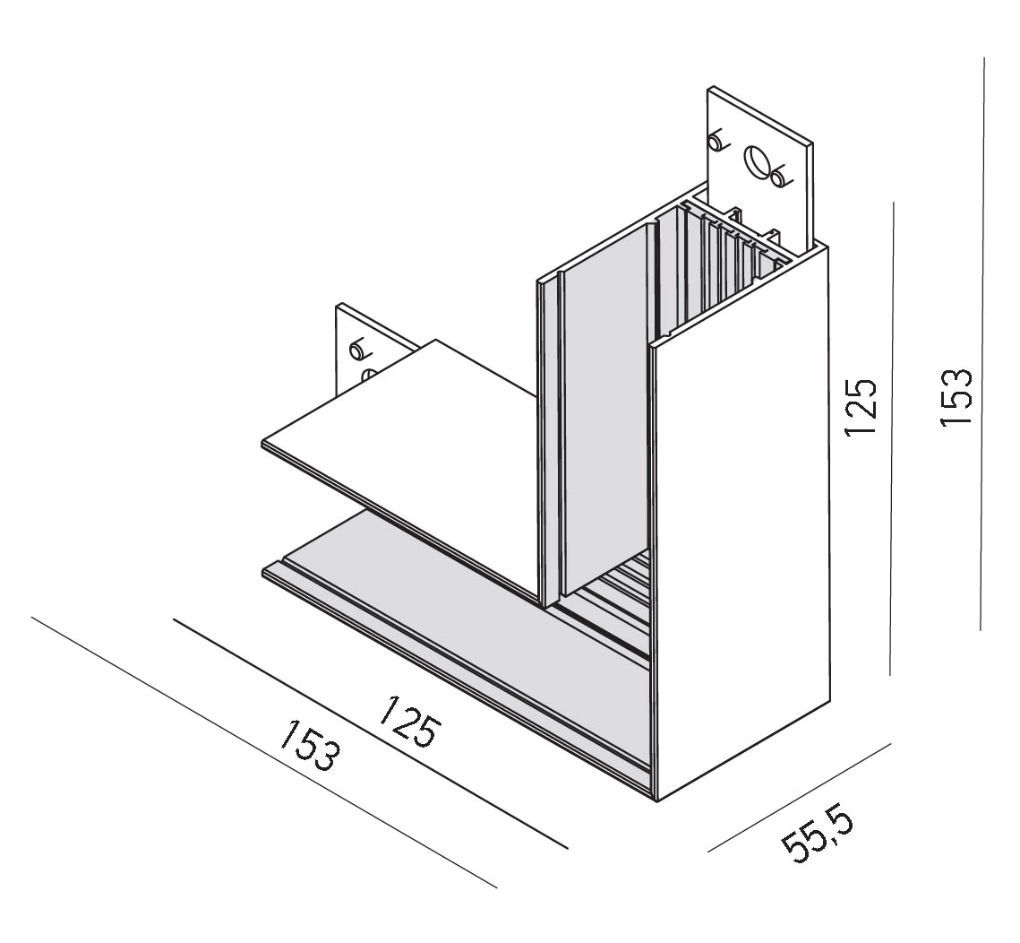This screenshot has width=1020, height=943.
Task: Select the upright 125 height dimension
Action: (x=860, y=406)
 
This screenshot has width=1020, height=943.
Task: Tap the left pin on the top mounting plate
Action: (x=716, y=142)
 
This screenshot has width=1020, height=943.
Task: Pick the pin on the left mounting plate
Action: (x=358, y=350)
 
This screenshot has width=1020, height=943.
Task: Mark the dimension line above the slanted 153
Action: (x=263, y=752)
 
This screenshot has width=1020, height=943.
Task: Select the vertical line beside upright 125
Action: (x=892, y=438)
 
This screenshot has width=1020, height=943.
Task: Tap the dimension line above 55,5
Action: (x=798, y=797)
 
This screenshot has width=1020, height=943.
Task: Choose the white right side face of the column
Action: (x=741, y=521)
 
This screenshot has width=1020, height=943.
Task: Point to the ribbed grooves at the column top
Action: (x=729, y=261)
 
